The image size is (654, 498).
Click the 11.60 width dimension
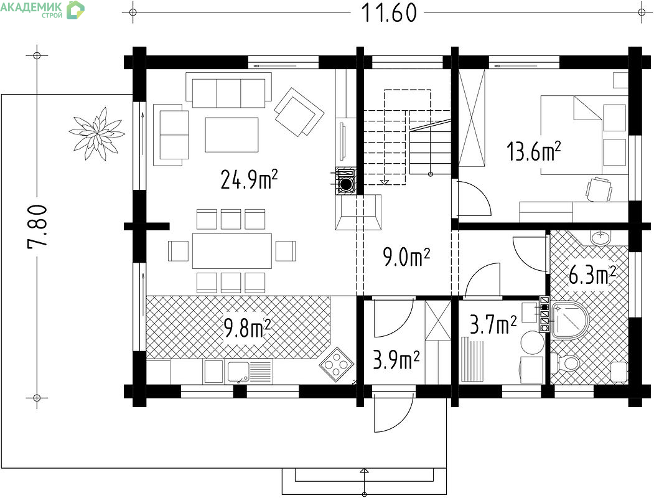pos(389,12)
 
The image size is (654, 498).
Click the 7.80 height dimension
pos(37,227)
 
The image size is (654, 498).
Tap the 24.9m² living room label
pos(249,179)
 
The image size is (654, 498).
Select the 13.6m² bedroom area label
pos(533,151)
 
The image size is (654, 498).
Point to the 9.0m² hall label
pos(406,256)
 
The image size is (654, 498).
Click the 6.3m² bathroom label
pos(592,275)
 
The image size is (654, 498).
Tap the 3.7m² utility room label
pos(493,324)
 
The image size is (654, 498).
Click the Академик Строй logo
pos(42,9)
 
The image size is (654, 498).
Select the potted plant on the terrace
pos(97,133)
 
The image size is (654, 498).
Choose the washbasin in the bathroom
pos(600,238)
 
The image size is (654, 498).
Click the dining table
pos(232,251)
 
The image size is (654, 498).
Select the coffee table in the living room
pos(231,134)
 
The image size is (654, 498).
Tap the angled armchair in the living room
pos(299,111)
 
